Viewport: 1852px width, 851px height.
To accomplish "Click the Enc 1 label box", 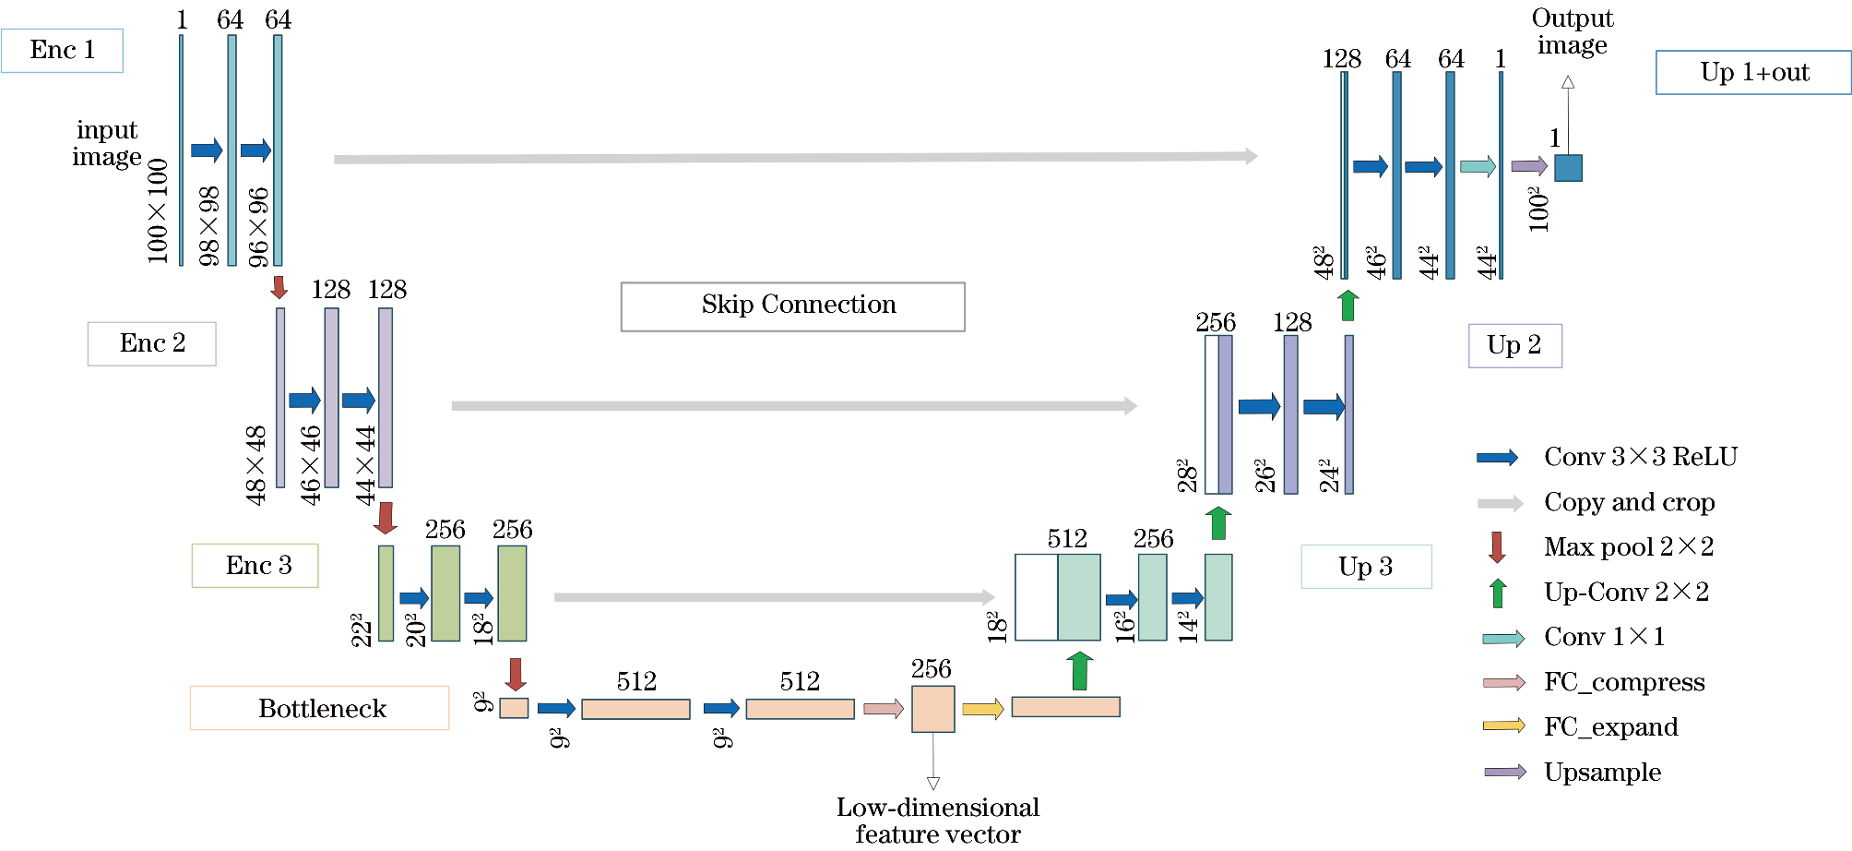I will pyautogui.click(x=62, y=51).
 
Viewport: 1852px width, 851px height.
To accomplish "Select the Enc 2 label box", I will pyautogui.click(x=152, y=343).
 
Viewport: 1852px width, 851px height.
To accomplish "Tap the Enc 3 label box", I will pyautogui.click(x=255, y=566).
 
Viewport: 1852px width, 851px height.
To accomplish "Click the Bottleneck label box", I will pyautogui.click(x=320, y=708).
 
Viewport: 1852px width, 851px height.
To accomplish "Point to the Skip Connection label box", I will pyautogui.click(x=793, y=306).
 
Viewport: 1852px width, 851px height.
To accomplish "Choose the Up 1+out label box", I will pyautogui.click(x=1753, y=72).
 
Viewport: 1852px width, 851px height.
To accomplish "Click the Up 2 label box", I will pyautogui.click(x=1514, y=346).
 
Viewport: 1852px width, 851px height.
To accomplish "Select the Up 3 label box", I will pyautogui.click(x=1366, y=567).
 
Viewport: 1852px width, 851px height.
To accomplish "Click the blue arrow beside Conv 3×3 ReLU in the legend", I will pyautogui.click(x=1497, y=458).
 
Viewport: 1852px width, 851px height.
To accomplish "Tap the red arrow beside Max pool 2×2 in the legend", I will pyautogui.click(x=1497, y=546).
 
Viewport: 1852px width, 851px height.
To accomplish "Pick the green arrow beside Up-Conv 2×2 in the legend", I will pyautogui.click(x=1498, y=593).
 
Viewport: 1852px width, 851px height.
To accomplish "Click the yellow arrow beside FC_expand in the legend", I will pyautogui.click(x=1503, y=726).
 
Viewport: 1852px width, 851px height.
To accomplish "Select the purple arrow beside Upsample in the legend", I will pyautogui.click(x=1504, y=772).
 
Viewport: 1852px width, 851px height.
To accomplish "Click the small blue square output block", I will pyautogui.click(x=1568, y=168).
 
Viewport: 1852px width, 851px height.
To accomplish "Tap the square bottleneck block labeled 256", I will pyautogui.click(x=932, y=709).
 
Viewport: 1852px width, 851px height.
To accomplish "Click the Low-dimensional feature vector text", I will pyautogui.click(x=938, y=821).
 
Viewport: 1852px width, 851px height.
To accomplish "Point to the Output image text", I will pyautogui.click(x=1572, y=31).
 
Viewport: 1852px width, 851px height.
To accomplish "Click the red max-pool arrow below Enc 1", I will pyautogui.click(x=279, y=287).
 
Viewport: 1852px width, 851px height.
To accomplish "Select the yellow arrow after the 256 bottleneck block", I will pyautogui.click(x=982, y=709).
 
